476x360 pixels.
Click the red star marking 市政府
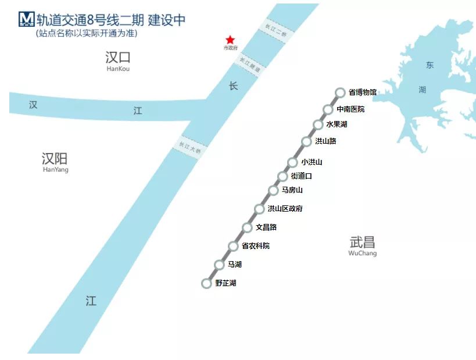(230, 40)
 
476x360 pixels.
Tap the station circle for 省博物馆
(340, 92)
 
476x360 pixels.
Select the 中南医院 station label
(350, 109)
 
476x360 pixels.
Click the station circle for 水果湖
(318, 124)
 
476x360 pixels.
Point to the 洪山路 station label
(325, 141)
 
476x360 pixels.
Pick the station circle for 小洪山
(292, 162)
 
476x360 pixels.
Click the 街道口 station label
(301, 176)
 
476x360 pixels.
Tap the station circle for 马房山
(273, 190)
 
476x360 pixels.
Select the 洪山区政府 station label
(285, 209)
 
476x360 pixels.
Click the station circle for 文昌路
(247, 227)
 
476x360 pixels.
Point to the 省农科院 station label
(256, 246)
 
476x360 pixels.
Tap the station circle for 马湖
(219, 265)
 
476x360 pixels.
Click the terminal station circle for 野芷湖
(206, 283)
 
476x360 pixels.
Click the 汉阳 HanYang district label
(55, 161)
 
